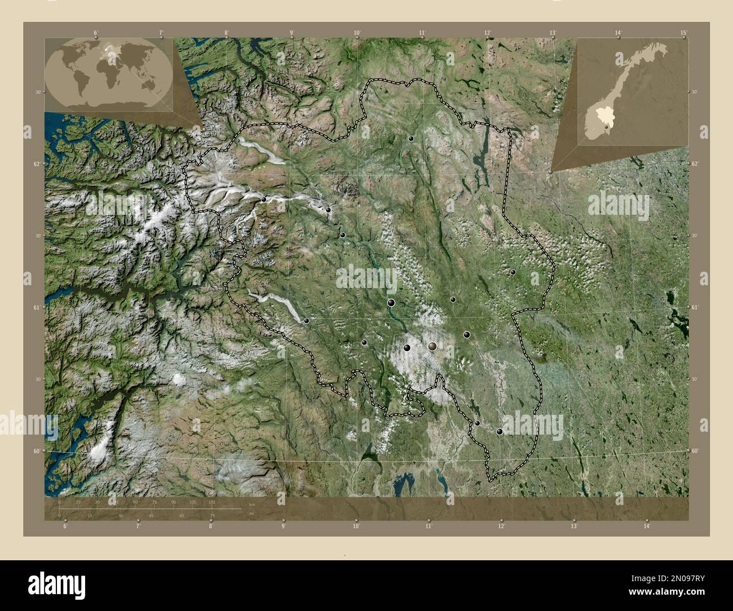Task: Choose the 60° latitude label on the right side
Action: point(694,451)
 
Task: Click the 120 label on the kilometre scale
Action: point(211,501)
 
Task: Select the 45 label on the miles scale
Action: point(151,515)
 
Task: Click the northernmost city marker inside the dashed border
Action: point(412,138)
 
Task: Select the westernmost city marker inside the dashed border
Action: point(263,199)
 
